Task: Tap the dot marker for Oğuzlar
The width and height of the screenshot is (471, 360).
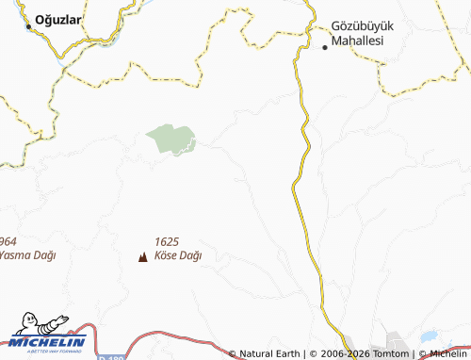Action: click(29, 26)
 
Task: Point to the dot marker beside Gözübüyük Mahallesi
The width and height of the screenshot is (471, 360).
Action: click(325, 46)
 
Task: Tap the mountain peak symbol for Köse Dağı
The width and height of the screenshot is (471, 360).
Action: click(143, 255)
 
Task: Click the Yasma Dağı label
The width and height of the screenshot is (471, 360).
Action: click(27, 255)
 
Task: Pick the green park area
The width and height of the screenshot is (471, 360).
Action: click(171, 139)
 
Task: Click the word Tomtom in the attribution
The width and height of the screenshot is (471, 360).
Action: click(390, 354)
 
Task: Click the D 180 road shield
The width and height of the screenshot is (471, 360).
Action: click(109, 357)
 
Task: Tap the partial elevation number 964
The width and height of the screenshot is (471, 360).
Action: click(9, 241)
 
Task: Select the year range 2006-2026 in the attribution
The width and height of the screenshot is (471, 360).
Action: click(338, 354)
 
